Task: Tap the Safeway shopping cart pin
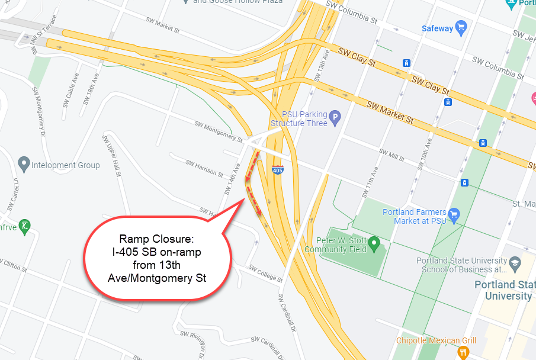pyautogui.click(x=462, y=27)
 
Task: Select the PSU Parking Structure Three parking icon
pyautogui.click(x=335, y=118)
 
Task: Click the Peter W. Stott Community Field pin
pyautogui.click(x=374, y=243)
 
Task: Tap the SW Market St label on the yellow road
pyautogui.click(x=390, y=112)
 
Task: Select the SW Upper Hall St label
pyautogui.click(x=112, y=156)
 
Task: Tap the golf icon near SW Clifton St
pyautogui.click(x=24, y=226)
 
